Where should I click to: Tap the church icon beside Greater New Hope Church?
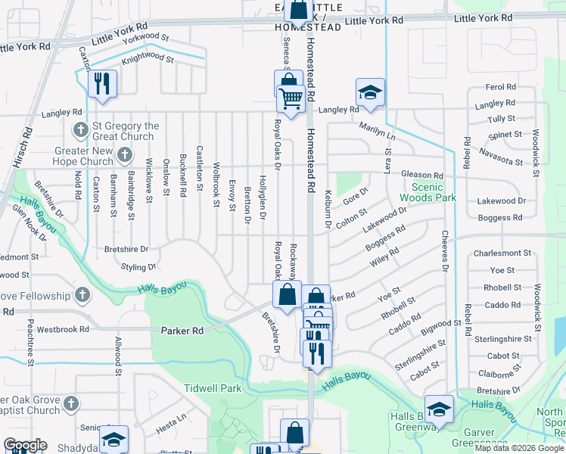[x=126, y=156]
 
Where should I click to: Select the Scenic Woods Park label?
[x=434, y=192]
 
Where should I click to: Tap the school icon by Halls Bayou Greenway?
[x=438, y=409]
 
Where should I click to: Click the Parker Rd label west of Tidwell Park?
[x=182, y=331]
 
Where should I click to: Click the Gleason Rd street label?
[x=422, y=175]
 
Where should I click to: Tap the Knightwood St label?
[x=148, y=58]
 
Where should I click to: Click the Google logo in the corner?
[x=25, y=446]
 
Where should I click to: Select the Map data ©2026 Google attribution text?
[x=519, y=448]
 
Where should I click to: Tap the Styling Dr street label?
[x=138, y=267]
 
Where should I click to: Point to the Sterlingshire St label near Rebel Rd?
[x=499, y=340]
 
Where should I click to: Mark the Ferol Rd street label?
[x=500, y=88]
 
